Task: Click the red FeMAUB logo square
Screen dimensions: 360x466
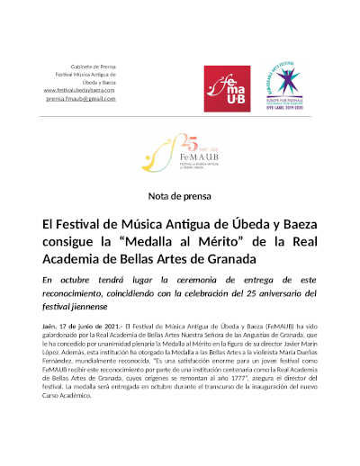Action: [227, 88]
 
